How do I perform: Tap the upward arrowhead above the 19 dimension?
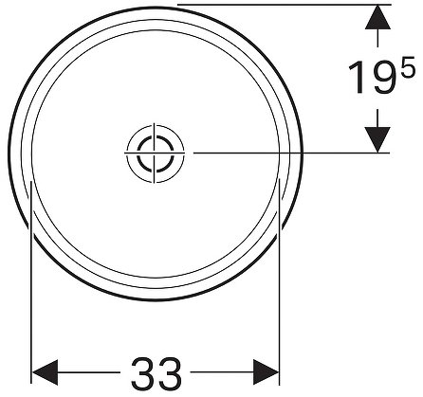coord(379,17)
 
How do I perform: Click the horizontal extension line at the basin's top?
coord(285,4)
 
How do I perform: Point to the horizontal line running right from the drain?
coord(285,153)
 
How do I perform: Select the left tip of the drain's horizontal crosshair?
coord(126,153)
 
